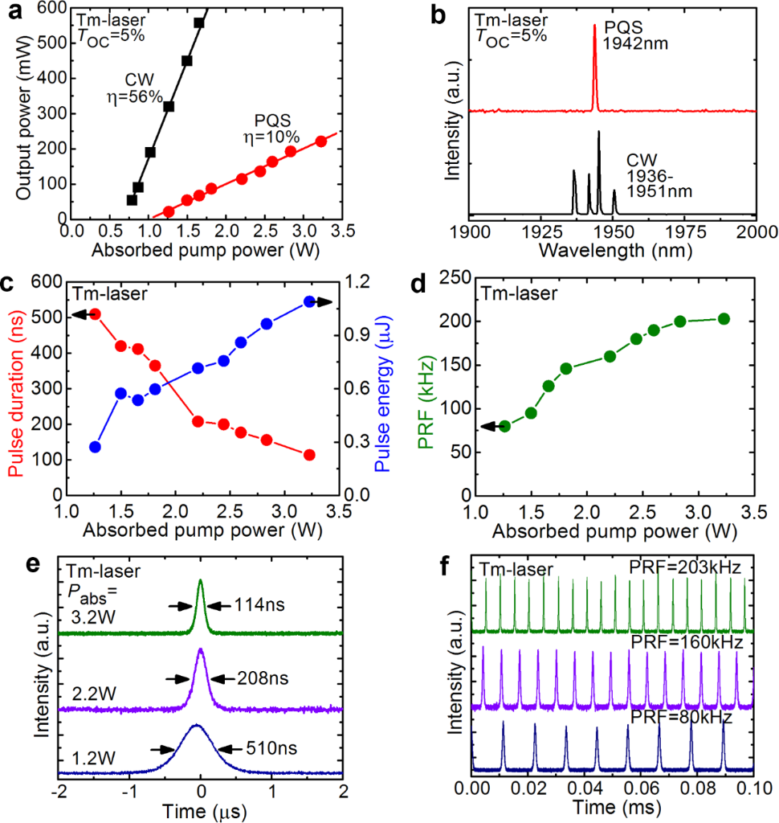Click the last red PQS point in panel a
point(321,141)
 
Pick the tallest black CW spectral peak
point(599,133)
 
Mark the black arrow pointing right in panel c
point(324,301)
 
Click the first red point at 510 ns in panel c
point(95,314)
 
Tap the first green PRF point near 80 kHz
point(505,426)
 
